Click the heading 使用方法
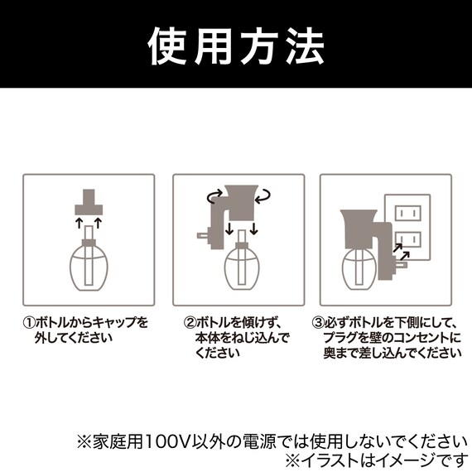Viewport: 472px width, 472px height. click(x=236, y=49)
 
